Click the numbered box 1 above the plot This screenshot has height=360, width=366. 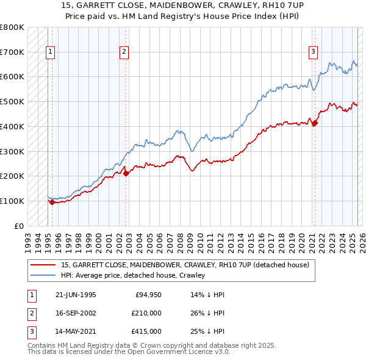tap(50, 52)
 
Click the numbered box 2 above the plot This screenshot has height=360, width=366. tap(124, 52)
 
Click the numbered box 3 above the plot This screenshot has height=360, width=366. tap(313, 52)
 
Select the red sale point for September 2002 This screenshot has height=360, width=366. tap(126, 173)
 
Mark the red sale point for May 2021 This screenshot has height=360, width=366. tap(315, 123)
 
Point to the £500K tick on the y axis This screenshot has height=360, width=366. tap(12, 101)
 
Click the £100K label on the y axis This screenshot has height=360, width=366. tap(12, 201)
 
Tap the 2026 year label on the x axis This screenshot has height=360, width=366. tap(361, 239)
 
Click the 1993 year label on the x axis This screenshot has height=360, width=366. tap(28, 239)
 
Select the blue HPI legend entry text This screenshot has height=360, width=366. tap(133, 275)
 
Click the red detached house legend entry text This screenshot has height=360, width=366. tap(185, 265)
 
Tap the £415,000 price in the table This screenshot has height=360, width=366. tap(146, 331)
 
